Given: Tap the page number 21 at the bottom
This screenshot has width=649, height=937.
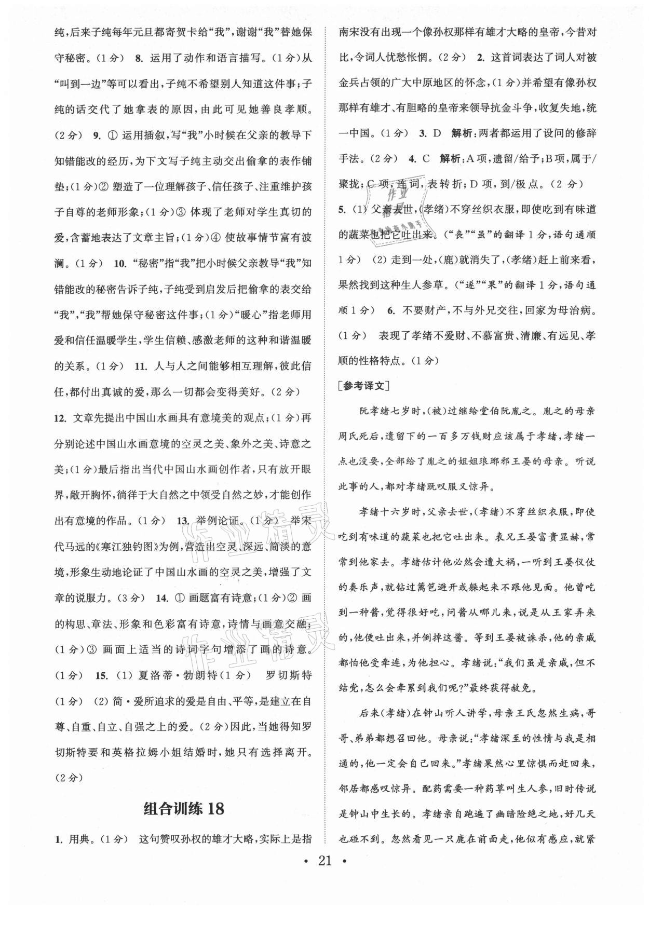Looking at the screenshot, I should pyautogui.click(x=324, y=861).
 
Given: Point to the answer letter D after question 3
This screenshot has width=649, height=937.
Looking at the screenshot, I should pyautogui.click(x=437, y=133).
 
